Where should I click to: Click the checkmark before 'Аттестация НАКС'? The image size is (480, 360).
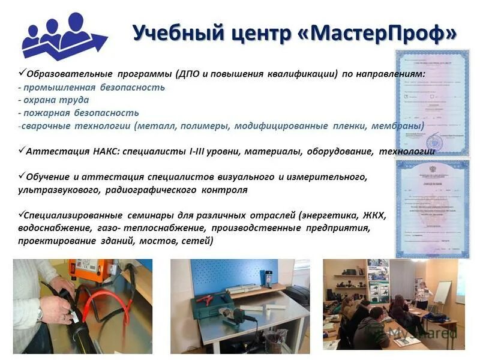click(22, 151)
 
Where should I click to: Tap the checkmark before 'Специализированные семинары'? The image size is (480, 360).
click(22, 214)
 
